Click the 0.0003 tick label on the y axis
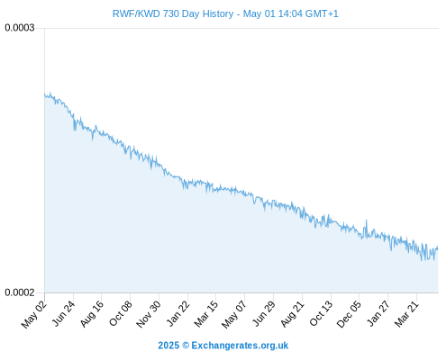pos(20,28)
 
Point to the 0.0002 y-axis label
pos(20,292)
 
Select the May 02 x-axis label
pos(34,314)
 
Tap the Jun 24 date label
pos(63,314)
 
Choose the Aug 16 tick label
pos(92,314)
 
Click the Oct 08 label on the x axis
pos(120,314)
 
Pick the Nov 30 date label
pos(149,314)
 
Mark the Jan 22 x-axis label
pos(177,314)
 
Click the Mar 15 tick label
pos(205,314)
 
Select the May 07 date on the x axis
pos(234,314)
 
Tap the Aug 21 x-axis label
pos(292,314)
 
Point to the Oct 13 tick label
pos(321,314)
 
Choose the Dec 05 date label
pos(349,314)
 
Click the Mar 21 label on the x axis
pos(406,314)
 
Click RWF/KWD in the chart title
pos(136,13)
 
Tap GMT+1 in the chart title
pos(322,13)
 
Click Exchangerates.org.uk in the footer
pos(240,346)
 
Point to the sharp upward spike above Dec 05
pos(366,220)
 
